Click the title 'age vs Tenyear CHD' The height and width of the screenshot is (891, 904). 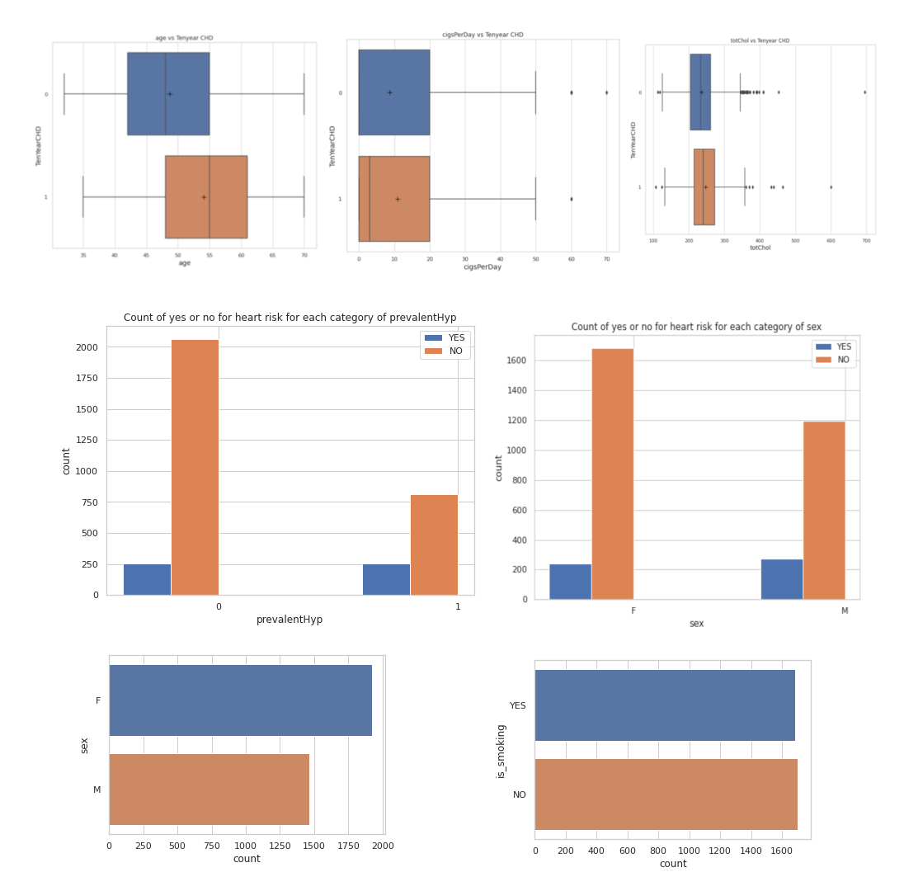(x=184, y=38)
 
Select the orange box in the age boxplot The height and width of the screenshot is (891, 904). (x=206, y=196)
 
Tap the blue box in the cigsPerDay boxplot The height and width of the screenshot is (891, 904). (x=393, y=92)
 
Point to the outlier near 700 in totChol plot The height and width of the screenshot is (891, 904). (x=864, y=92)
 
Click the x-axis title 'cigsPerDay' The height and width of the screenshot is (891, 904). (x=483, y=267)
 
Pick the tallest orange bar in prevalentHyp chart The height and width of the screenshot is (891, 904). (x=195, y=467)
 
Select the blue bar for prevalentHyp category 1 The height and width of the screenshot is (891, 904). (x=386, y=579)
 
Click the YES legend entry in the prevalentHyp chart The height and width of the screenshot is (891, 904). (x=445, y=338)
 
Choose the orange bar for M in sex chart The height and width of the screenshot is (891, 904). (x=823, y=510)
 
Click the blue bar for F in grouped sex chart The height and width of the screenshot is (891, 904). (x=570, y=582)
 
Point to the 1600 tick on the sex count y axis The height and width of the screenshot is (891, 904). (x=517, y=361)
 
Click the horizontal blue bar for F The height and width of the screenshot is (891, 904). (x=240, y=700)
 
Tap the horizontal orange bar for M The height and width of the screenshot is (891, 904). (x=209, y=790)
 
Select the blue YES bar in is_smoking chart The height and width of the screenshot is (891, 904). (x=665, y=705)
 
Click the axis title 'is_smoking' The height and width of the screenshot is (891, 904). (x=501, y=751)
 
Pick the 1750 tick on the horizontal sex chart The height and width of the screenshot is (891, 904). (x=348, y=846)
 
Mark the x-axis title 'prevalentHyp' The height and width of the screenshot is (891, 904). (x=290, y=620)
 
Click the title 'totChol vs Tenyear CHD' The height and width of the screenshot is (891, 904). (x=760, y=40)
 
